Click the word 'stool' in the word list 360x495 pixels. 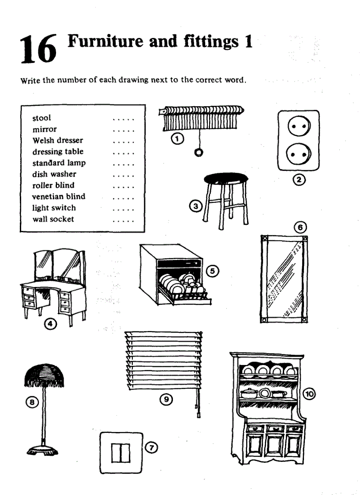pos(41,118)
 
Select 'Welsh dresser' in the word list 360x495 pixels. pos(57,141)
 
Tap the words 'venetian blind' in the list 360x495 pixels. pos(59,197)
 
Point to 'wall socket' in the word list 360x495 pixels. pos(53,219)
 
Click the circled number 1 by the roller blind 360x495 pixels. pos(176,139)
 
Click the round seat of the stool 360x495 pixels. pos(226,179)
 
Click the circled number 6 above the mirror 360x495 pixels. pos(300,227)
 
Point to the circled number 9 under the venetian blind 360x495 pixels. pos(166,399)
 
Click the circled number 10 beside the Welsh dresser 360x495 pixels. pos(310,394)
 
